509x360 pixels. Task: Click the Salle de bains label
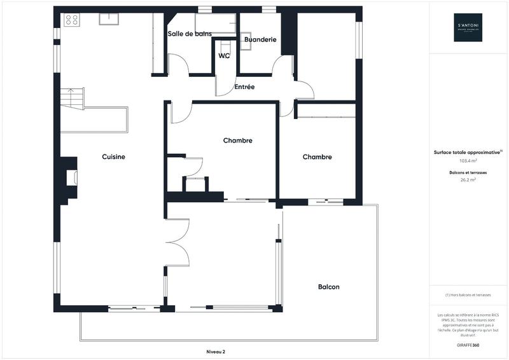[x=190, y=34]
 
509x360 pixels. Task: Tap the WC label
[x=223, y=56]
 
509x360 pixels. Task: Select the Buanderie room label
[x=260, y=39]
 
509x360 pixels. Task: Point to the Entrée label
[x=244, y=87]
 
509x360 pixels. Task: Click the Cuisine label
[x=113, y=156]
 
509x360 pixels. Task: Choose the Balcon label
[x=328, y=287]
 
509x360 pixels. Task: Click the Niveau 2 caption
[x=216, y=352]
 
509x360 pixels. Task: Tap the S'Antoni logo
[x=468, y=27]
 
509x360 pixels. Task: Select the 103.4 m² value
[x=468, y=162]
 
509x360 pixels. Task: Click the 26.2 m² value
[x=468, y=180]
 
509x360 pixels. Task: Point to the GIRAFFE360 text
[x=468, y=343]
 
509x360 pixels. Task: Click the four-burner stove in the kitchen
[x=71, y=20]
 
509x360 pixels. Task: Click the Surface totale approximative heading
[x=468, y=153]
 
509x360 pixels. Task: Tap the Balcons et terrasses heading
[x=468, y=172]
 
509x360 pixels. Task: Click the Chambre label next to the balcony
[x=317, y=157]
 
